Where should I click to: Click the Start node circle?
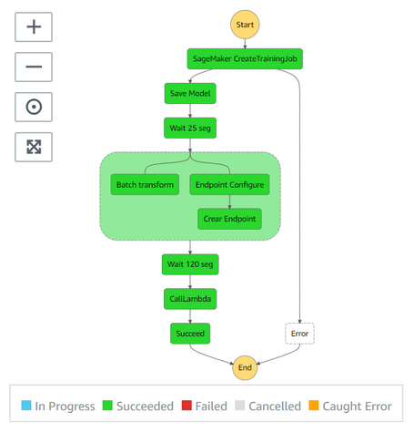point(244,25)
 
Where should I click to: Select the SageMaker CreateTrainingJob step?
point(244,60)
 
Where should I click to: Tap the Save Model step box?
point(190,93)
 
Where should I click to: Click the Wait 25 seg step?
point(190,127)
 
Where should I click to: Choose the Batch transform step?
point(144,185)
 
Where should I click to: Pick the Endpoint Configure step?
point(229,185)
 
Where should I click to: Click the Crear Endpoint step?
point(229,219)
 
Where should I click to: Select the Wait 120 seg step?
point(190,264)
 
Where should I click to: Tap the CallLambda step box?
point(190,298)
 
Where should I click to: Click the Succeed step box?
point(190,334)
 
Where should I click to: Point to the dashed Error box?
point(298,334)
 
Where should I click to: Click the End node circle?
point(244,367)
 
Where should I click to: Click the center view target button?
point(34,107)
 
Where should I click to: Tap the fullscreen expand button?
point(34,147)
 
